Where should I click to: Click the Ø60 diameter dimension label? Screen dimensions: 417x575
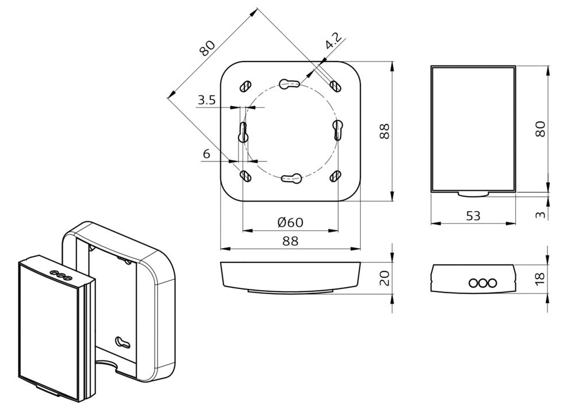coord(290,222)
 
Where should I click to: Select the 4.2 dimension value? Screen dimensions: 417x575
coord(332,42)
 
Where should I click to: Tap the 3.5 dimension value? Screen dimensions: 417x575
coord(206,101)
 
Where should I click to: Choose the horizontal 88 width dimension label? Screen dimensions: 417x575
coord(290,241)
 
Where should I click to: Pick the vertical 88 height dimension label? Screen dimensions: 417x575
coord(385,131)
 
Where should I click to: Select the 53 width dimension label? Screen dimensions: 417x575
coord(473,216)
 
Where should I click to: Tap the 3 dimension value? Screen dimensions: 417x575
coord(540,214)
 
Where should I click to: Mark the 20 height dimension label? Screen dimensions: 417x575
coord(385,278)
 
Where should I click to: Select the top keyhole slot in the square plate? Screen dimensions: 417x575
coord(290,84)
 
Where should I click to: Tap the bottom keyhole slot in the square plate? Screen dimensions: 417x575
coord(290,179)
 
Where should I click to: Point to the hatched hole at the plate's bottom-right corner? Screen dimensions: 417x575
coord(335,176)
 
